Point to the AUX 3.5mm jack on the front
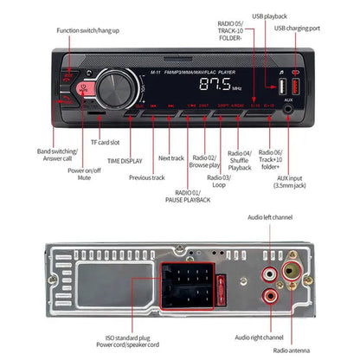286,108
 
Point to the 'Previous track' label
147,177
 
